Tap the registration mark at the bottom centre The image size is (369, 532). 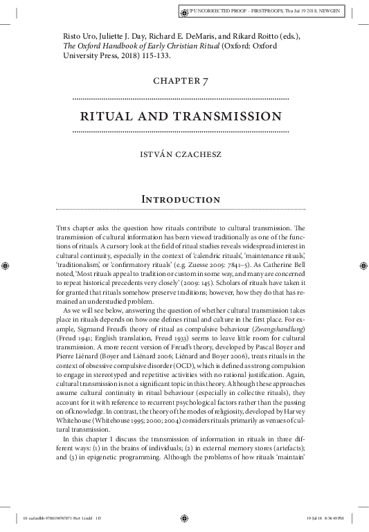pyautogui.click(x=184, y=516)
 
